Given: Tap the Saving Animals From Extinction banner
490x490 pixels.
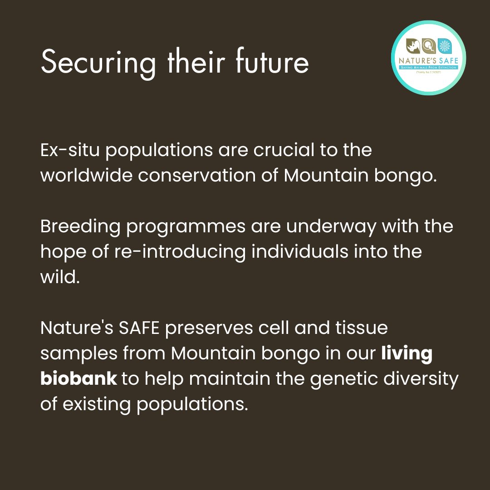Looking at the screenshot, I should (x=428, y=67).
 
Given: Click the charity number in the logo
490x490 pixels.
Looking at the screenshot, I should (x=429, y=72).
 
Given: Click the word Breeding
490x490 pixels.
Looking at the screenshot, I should (x=79, y=226).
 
